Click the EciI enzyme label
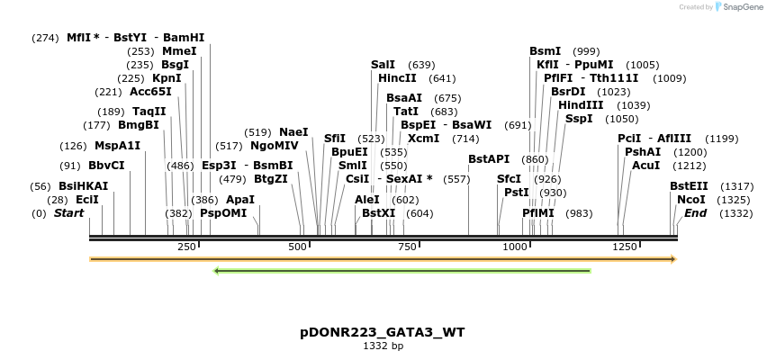[87, 199]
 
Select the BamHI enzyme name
[184, 38]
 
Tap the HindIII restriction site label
[581, 105]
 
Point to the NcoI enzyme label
[690, 199]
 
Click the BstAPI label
[489, 159]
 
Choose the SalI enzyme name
[383, 65]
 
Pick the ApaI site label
[239, 199]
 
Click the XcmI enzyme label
[423, 139]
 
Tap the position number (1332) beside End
[735, 213]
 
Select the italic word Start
[68, 213]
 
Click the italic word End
[695, 213]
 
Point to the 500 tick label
[299, 247]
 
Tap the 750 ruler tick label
[407, 247]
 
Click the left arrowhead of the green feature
[217, 270]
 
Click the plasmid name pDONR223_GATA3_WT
[383, 332]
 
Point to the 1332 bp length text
[383, 346]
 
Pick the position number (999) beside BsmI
[586, 51]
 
